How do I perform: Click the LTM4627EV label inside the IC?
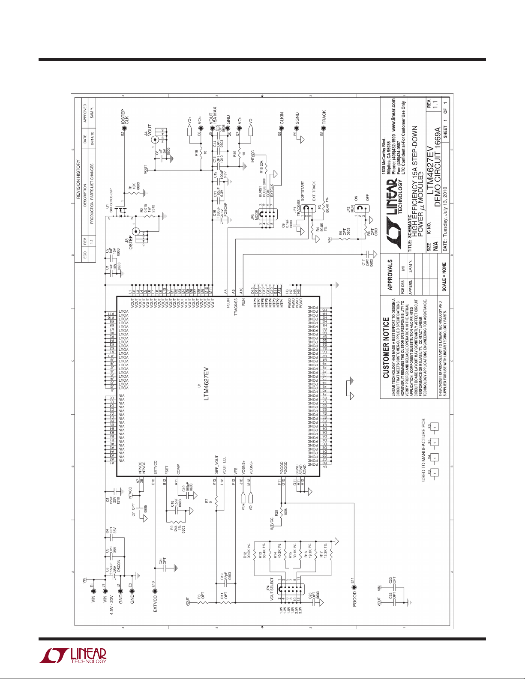pos(206,383)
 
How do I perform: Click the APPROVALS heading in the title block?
pos(390,274)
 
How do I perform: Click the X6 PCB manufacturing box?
pos(435,427)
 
